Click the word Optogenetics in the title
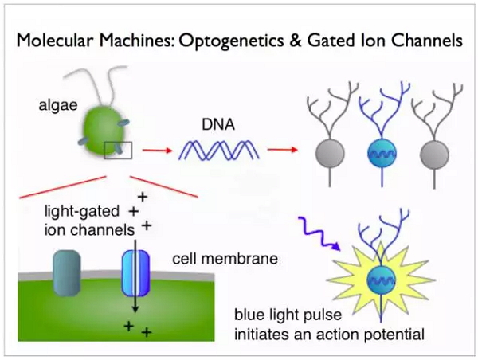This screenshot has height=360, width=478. click(x=231, y=41)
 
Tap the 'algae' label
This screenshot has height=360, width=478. click(x=58, y=105)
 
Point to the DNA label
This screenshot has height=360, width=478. click(x=218, y=125)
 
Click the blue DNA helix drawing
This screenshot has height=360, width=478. click(x=218, y=150)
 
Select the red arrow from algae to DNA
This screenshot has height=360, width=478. click(x=157, y=150)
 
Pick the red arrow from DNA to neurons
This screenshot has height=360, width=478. click(x=282, y=150)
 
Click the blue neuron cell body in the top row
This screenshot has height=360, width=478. click(x=382, y=153)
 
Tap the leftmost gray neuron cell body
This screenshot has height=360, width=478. click(x=330, y=153)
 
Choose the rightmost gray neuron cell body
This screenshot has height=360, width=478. click(x=434, y=154)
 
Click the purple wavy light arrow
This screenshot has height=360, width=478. click(x=319, y=233)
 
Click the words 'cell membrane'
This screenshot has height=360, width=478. click(x=225, y=259)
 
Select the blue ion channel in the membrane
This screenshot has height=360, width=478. click(x=136, y=273)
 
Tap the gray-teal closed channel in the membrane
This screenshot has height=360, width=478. click(x=67, y=273)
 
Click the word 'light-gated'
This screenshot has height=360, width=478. click(x=82, y=212)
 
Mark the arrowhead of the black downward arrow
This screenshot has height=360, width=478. click(x=135, y=308)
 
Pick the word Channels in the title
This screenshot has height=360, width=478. click(x=427, y=41)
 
